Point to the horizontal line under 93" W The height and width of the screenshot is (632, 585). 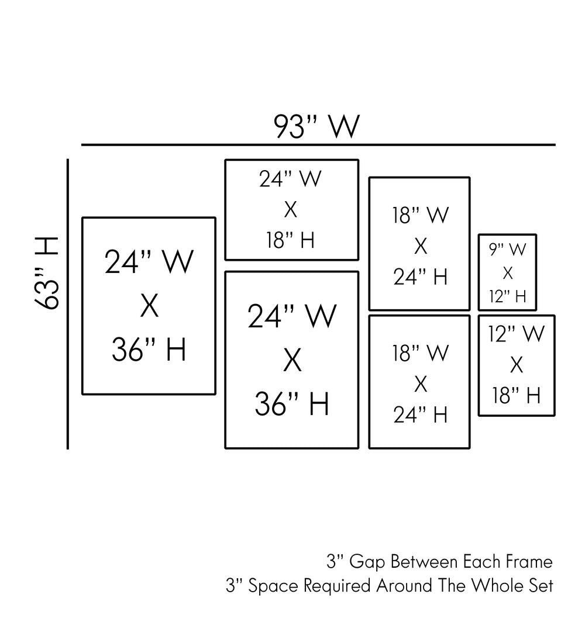318,144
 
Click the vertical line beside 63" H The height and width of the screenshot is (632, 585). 68,304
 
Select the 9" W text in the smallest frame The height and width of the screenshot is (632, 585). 507,250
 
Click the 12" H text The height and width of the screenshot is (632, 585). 507,296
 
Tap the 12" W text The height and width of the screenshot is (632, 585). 517,334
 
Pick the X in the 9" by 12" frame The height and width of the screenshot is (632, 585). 507,273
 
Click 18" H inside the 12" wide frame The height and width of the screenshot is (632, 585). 517,395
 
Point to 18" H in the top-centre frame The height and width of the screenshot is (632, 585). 291,240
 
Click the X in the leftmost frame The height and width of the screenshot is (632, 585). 149,306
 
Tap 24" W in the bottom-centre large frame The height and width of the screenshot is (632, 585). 292,316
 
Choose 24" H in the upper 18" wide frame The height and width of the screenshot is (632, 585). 420,277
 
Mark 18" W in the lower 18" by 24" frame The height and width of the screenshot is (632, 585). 420,353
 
